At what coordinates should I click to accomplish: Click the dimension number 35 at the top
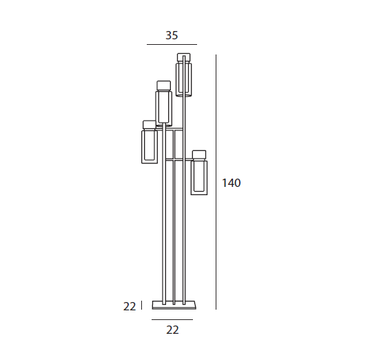172,35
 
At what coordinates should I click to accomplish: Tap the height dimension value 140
232,183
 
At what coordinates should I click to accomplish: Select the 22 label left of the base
130,306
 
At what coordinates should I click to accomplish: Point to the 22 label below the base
172,330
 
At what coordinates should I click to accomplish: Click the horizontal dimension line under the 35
172,45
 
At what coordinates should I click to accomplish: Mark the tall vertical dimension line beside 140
216,182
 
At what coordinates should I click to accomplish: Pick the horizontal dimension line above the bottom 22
172,319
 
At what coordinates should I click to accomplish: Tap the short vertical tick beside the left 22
142,305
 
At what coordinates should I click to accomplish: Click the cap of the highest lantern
184,57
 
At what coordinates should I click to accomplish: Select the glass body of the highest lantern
184,79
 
